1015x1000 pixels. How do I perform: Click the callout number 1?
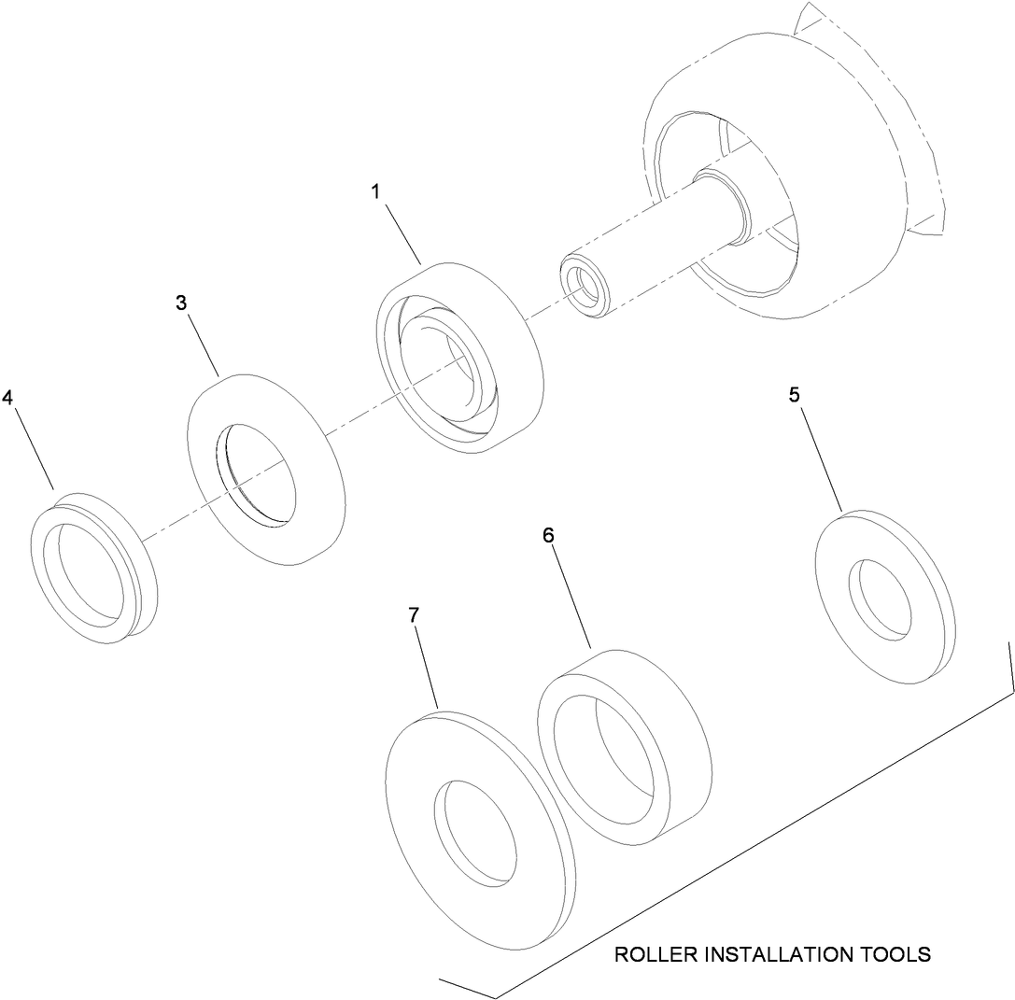point(374,191)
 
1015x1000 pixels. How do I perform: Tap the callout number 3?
point(181,303)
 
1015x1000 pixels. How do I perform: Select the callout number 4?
point(7,398)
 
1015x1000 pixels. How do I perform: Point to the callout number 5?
point(794,394)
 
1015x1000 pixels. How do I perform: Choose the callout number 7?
point(414,615)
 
